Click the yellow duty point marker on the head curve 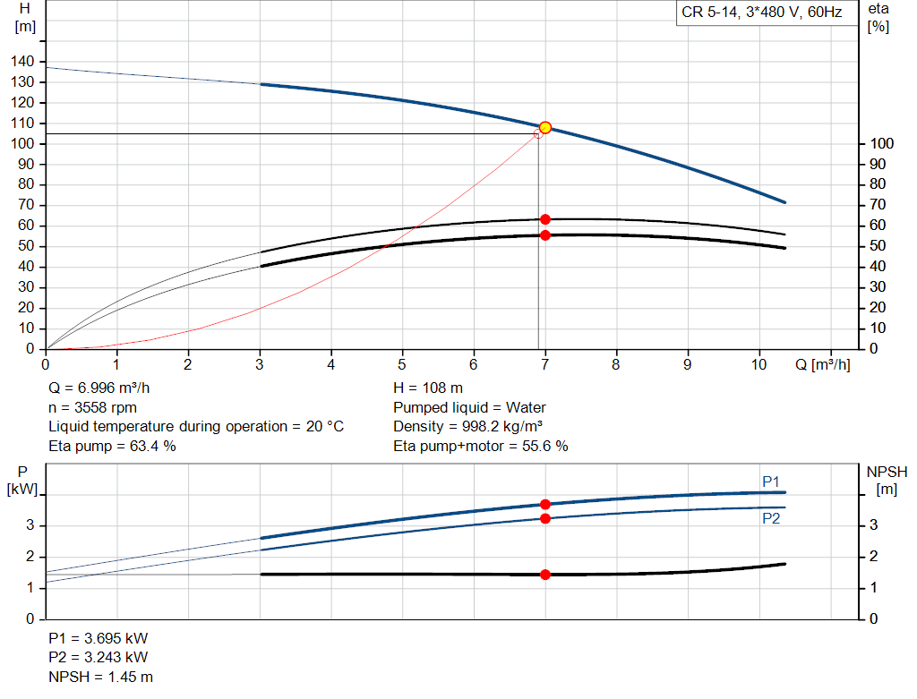(544, 127)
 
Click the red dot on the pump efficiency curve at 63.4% (544, 219)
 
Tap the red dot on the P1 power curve (544, 505)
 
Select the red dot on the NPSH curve (544, 575)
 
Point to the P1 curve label (771, 482)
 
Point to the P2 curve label (771, 518)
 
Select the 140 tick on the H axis (23, 61)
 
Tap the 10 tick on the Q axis (758, 365)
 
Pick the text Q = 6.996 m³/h (106, 388)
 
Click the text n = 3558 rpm (94, 407)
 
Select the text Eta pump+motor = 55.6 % (480, 446)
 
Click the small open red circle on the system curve (538, 133)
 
